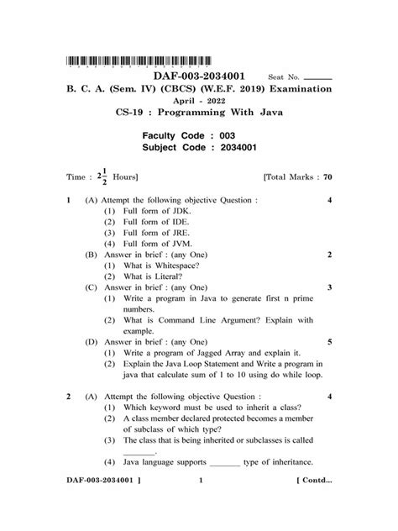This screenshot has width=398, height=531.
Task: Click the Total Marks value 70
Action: pos(328,178)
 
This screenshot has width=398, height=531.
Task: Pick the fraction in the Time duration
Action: pos(104,178)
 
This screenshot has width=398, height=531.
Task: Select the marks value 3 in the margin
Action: pos(330,287)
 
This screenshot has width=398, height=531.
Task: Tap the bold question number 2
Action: pos(67,394)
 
